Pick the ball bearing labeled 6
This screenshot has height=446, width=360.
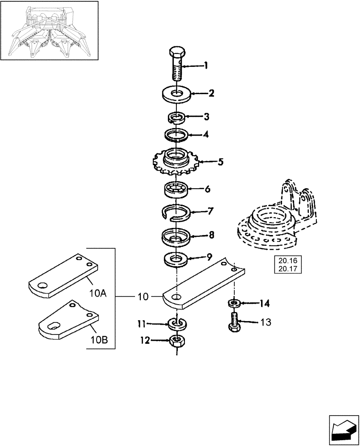click(x=177, y=189)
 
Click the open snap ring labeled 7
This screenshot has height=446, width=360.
click(x=177, y=212)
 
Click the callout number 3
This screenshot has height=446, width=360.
click(x=206, y=117)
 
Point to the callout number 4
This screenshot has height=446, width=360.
click(x=206, y=135)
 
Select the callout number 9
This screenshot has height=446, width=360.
click(x=209, y=257)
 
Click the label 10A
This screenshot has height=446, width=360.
click(x=97, y=294)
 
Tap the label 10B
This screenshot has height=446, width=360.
click(x=99, y=340)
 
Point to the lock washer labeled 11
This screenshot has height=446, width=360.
click(x=177, y=322)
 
